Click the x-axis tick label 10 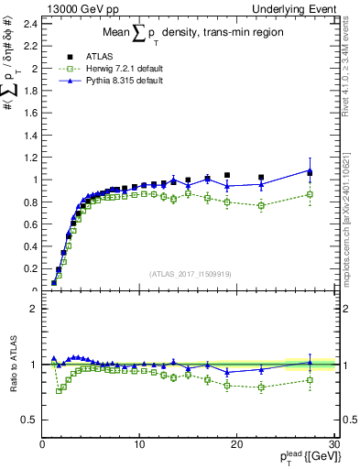139,444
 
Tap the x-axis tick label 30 333,444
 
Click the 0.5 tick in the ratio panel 30,420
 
